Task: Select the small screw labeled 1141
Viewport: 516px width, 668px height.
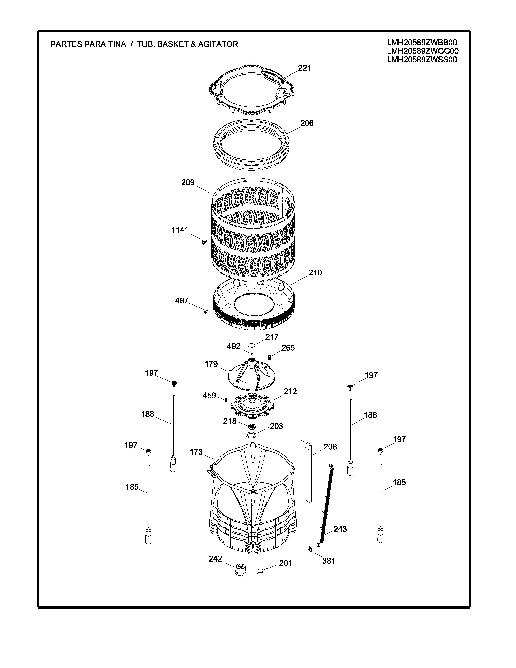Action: [x=204, y=242]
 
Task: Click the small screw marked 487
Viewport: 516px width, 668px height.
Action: [x=206, y=312]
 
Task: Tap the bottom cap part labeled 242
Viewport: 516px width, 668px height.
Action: [x=241, y=569]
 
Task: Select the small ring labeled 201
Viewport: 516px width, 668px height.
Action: [x=261, y=571]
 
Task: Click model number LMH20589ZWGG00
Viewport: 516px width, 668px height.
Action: [x=423, y=51]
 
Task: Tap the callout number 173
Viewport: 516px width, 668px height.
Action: [x=196, y=452]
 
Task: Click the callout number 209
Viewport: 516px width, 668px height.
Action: [x=188, y=183]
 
